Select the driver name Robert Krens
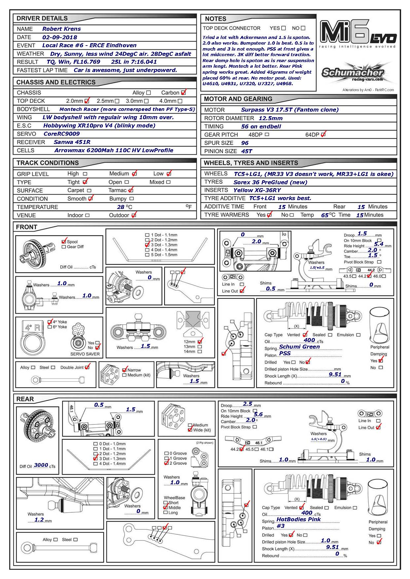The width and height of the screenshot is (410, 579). (x=61, y=29)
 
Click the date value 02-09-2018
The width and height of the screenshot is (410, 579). (x=59, y=37)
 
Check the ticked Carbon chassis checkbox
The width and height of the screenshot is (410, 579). (x=183, y=93)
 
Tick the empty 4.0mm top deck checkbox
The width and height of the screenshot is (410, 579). (x=180, y=101)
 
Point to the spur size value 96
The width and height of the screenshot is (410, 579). (x=245, y=143)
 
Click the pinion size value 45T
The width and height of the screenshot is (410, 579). (x=246, y=151)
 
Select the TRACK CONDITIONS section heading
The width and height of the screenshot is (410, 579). (x=48, y=163)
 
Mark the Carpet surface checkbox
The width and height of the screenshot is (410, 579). (x=89, y=190)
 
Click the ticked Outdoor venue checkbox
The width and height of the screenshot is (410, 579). (x=133, y=215)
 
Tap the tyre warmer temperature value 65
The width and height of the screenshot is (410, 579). (x=325, y=215)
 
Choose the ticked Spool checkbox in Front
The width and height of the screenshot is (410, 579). (x=64, y=242)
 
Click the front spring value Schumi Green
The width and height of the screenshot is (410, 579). (x=299, y=347)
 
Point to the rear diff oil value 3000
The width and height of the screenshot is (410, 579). (x=41, y=465)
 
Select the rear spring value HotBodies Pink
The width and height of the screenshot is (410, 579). (x=298, y=519)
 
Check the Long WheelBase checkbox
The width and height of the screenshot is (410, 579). (x=166, y=513)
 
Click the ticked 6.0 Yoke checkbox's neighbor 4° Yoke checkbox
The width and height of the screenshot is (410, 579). (x=50, y=322)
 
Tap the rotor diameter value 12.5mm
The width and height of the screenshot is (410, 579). (x=271, y=118)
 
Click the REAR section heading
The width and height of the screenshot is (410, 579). (x=25, y=399)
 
